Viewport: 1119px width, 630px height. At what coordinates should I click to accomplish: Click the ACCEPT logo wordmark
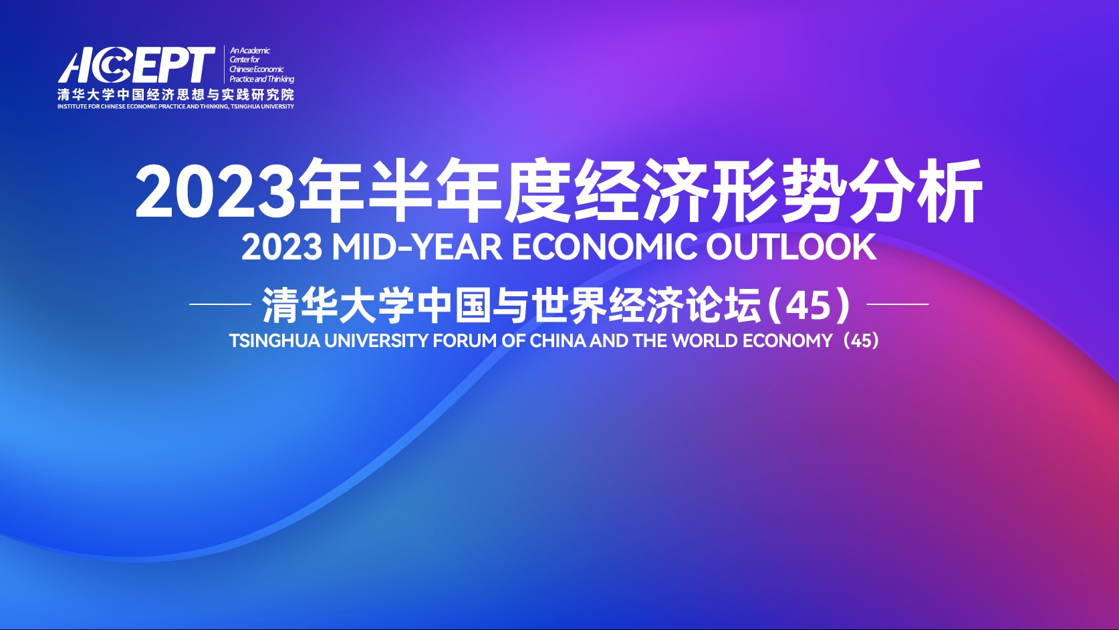(136, 65)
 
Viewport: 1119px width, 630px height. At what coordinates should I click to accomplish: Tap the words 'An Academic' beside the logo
(250, 50)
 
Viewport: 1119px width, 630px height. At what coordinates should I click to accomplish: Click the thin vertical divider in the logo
(224, 64)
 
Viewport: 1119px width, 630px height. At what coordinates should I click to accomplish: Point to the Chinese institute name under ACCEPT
(176, 94)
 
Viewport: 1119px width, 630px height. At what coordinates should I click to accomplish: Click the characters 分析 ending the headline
(915, 191)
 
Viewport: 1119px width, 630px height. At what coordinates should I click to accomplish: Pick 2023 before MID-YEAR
(281, 247)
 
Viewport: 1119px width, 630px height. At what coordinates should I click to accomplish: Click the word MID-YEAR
(417, 247)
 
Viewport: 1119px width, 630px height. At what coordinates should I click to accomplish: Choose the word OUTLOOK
(791, 247)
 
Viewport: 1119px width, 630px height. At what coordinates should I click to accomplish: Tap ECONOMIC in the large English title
(604, 247)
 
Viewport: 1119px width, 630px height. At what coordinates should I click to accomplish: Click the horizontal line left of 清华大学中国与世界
(221, 304)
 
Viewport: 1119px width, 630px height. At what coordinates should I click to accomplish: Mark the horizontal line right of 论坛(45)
(898, 304)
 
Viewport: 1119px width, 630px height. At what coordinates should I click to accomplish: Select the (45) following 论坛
(809, 305)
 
